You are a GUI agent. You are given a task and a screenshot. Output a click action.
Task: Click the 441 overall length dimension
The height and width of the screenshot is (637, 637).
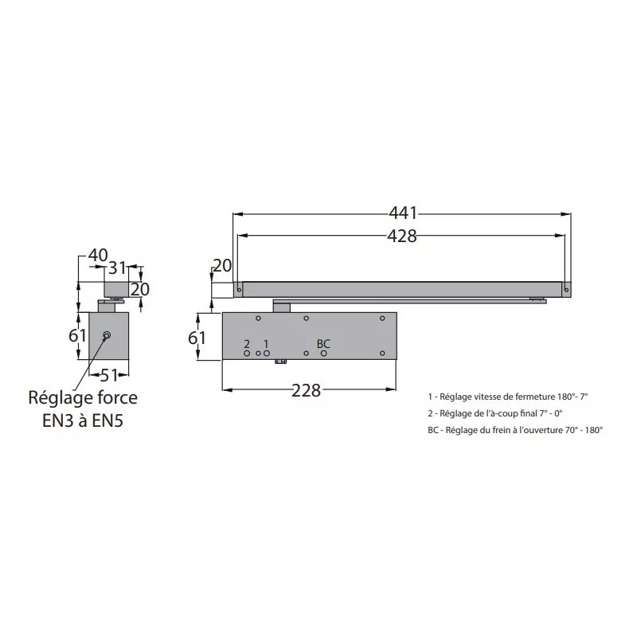tap(403, 213)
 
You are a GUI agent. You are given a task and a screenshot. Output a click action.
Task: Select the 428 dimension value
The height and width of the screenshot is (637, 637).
tap(403, 235)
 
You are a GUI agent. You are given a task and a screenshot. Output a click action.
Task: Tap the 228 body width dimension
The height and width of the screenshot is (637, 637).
tap(307, 390)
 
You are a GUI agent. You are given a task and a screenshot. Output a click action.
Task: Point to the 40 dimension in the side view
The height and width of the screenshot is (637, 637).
tap(97, 256)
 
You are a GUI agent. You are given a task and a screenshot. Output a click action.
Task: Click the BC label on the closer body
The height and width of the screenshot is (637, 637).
tap(323, 343)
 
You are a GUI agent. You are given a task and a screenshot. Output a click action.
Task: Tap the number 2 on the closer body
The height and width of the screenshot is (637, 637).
tap(247, 343)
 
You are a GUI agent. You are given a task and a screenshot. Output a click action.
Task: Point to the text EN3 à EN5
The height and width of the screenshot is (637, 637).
tap(83, 420)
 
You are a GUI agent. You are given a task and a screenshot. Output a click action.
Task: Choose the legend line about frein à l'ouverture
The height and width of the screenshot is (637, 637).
tap(514, 429)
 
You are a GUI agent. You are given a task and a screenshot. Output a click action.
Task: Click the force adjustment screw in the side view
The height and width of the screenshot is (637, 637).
tap(107, 335)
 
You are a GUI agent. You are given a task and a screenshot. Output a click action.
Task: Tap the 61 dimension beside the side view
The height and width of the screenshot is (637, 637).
tap(76, 335)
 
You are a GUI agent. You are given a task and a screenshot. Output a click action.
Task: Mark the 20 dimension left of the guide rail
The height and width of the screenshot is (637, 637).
tap(221, 266)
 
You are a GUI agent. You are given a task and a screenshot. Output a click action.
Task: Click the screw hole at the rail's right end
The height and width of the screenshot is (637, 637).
tap(565, 290)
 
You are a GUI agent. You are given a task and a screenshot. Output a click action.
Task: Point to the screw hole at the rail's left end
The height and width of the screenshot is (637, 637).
tap(237, 290)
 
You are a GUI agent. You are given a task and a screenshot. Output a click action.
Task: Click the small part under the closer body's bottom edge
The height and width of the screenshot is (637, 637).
tap(280, 363)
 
